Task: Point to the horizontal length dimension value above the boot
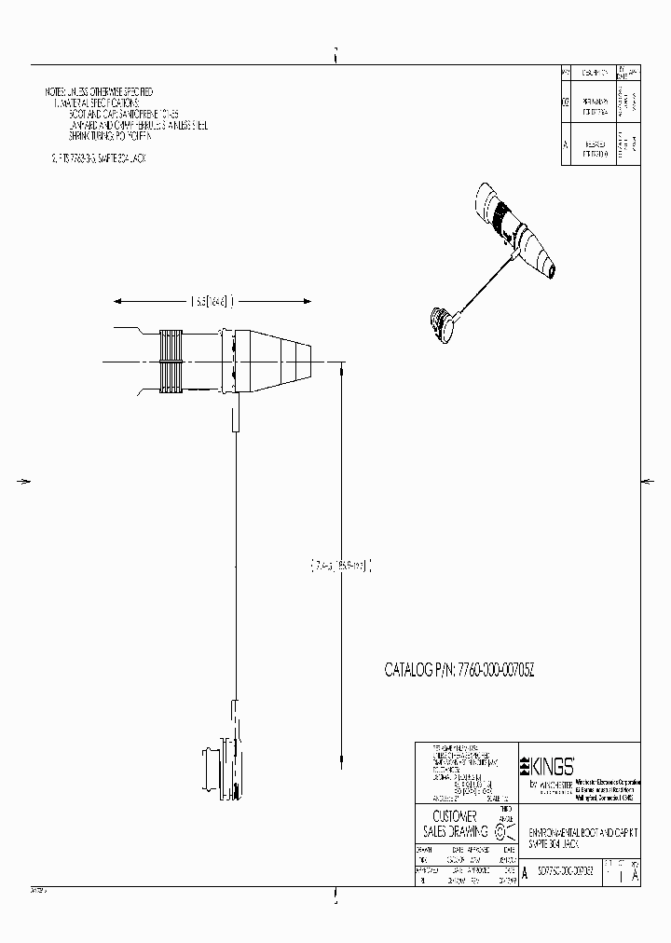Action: (211, 301)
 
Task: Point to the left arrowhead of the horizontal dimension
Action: (117, 301)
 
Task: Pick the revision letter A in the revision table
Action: (566, 145)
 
